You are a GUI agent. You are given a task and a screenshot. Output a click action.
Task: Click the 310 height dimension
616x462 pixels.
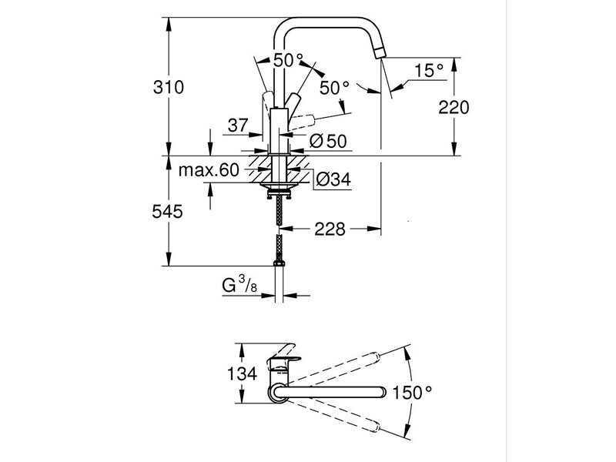point(169,88)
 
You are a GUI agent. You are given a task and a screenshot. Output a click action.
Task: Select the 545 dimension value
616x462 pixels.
point(169,211)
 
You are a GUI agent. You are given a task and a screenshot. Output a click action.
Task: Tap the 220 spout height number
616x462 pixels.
point(454,107)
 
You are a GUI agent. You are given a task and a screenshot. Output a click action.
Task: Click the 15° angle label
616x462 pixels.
point(429,71)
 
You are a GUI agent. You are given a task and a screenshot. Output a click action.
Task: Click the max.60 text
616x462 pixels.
point(209,170)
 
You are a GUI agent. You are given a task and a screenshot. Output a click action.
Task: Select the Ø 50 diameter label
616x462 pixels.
point(326,141)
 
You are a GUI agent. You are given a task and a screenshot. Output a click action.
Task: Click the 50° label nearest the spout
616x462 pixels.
point(334,88)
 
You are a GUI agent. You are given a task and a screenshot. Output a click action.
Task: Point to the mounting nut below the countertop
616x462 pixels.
point(280,186)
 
